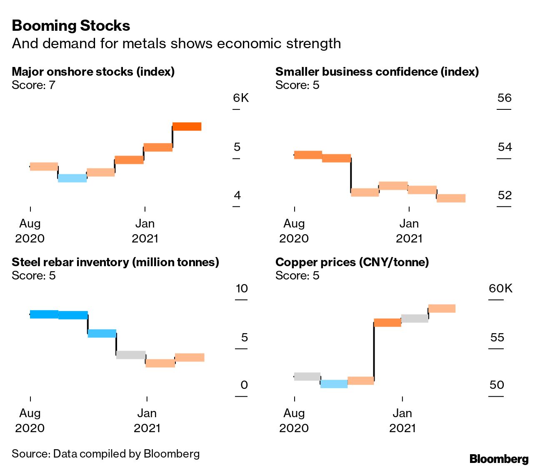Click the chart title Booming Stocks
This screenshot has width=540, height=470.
[x=71, y=26]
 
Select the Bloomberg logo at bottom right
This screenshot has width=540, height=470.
[x=499, y=459]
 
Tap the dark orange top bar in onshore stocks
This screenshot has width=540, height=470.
[x=187, y=126]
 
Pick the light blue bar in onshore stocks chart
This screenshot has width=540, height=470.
[x=72, y=178]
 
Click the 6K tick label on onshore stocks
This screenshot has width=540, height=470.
[x=241, y=98]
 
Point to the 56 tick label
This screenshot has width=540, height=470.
[x=504, y=98]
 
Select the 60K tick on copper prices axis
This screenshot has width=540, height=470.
[x=500, y=289]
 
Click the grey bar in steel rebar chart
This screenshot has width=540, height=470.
[x=131, y=355]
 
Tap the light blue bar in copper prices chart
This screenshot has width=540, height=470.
[x=334, y=384]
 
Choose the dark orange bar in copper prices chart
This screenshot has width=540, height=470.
[x=387, y=322]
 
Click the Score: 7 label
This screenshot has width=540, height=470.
[x=33, y=85]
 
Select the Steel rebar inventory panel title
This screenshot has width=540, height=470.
[x=115, y=262]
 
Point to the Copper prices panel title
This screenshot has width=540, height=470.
[x=352, y=262]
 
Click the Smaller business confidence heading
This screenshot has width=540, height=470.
[x=377, y=72]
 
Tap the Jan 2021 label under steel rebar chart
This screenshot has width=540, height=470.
[x=147, y=421]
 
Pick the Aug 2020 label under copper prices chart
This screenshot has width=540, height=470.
[x=294, y=421]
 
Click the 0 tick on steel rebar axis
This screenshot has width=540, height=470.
[x=244, y=385]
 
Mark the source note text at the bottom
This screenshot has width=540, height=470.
[x=106, y=453]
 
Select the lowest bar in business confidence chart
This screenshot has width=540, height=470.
[x=451, y=198]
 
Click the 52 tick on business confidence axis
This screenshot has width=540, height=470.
[x=504, y=195]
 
